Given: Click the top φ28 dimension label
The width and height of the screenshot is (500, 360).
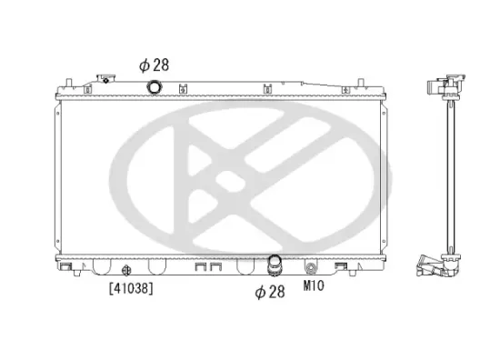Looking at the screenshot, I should (154, 65).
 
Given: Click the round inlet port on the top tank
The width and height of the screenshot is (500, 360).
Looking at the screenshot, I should (155, 88).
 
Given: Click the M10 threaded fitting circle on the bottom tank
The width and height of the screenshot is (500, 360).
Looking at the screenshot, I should (312, 269).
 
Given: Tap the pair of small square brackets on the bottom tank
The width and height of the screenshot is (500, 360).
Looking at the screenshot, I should (208, 268).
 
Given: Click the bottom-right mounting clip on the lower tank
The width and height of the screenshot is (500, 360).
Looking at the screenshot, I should (344, 267).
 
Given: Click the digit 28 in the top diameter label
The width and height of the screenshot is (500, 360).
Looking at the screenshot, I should (161, 65).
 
